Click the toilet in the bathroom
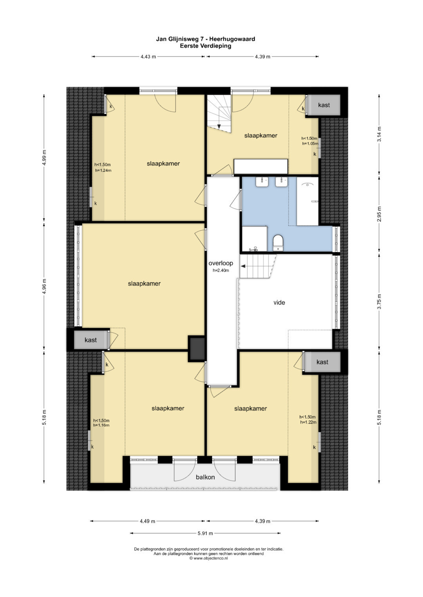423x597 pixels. pyautogui.click(x=278, y=242)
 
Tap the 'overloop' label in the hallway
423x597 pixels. pyautogui.click(x=221, y=263)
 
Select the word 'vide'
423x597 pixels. pyautogui.click(x=279, y=303)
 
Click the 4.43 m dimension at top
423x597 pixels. pyautogui.click(x=148, y=57)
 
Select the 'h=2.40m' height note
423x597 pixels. pyautogui.click(x=221, y=270)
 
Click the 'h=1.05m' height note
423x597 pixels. pyautogui.click(x=310, y=143)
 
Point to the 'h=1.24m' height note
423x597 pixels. pyautogui.click(x=103, y=170)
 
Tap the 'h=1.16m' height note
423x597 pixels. pyautogui.click(x=101, y=425)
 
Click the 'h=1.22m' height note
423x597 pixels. pyautogui.click(x=308, y=422)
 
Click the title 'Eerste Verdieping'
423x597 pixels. pyautogui.click(x=205, y=46)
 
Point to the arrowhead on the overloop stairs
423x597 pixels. pyautogui.click(x=243, y=266)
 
